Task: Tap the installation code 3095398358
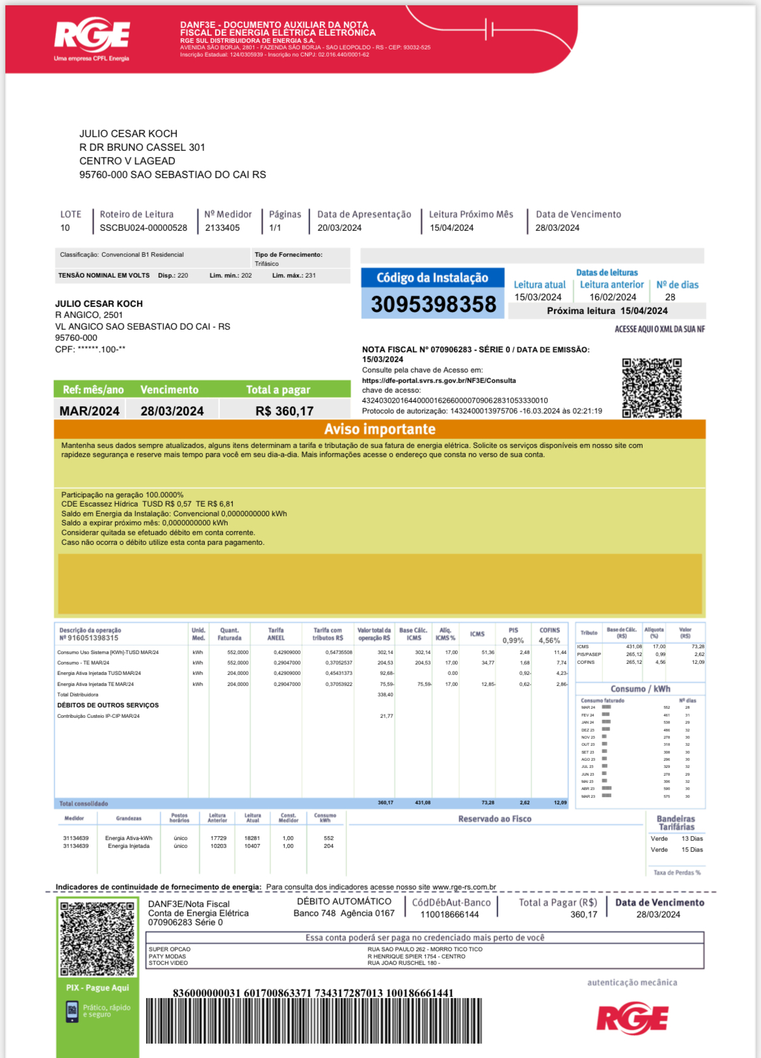click(x=433, y=304)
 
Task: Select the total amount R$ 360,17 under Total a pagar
click(x=284, y=411)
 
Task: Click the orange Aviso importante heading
click(x=380, y=429)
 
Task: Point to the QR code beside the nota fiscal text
click(x=652, y=388)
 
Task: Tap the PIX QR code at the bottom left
click(x=97, y=938)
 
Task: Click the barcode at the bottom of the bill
click(x=314, y=1021)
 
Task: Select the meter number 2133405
click(x=222, y=228)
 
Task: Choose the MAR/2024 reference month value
click(x=90, y=411)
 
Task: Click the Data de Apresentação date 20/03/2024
click(x=339, y=228)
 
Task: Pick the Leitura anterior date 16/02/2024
click(x=613, y=297)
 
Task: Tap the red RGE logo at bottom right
click(x=632, y=1019)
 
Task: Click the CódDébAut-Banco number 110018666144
click(x=449, y=914)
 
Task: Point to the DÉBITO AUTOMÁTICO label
click(x=344, y=901)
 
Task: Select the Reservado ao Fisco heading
click(x=494, y=819)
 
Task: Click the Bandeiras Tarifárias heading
click(x=676, y=823)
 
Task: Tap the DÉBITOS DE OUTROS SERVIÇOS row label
click(x=108, y=706)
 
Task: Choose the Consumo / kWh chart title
click(x=640, y=689)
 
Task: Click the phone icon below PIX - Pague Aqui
click(x=72, y=1011)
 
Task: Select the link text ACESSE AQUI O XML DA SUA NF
click(x=660, y=329)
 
